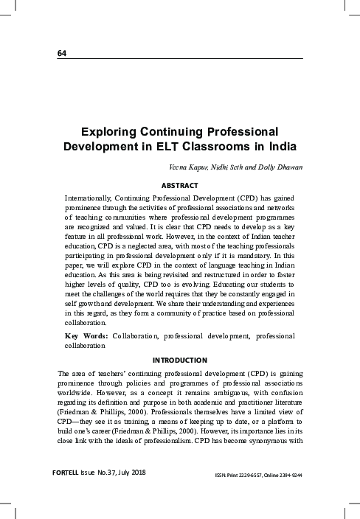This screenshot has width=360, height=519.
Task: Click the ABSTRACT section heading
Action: (x=180, y=185)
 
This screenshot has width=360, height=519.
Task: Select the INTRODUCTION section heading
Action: (x=180, y=360)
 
